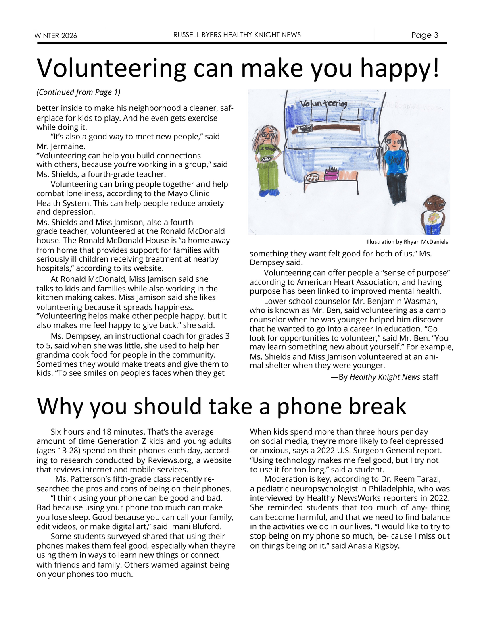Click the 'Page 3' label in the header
[x=424, y=35]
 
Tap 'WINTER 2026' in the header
[x=56, y=36]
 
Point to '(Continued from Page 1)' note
[x=78, y=92]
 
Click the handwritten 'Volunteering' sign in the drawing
[x=323, y=104]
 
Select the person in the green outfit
[x=267, y=161]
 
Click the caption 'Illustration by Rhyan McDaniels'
[x=407, y=242]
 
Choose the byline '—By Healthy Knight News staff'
[x=384, y=377]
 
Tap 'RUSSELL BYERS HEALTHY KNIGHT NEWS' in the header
[x=237, y=35]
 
